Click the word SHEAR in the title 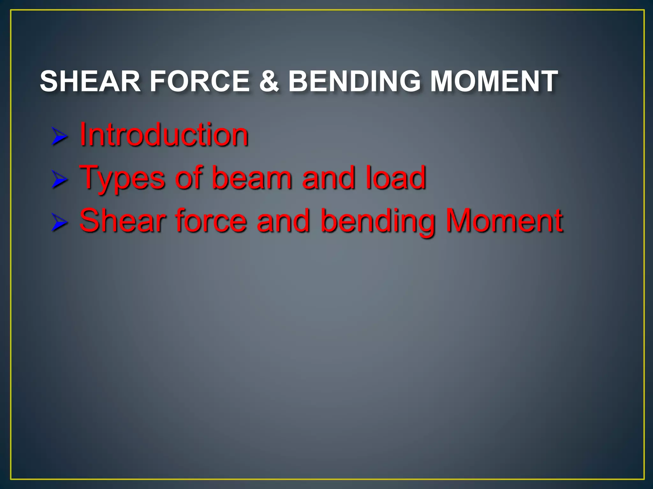click(x=90, y=81)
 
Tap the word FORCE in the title click(x=200, y=81)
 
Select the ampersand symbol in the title click(x=269, y=81)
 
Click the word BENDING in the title click(x=354, y=81)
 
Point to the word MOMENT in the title click(x=494, y=81)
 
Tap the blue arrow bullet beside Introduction click(x=59, y=137)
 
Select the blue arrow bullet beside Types click(x=59, y=179)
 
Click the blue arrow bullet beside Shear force click(x=59, y=223)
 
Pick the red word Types click(x=122, y=178)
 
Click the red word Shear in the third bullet click(x=123, y=220)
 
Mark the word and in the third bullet click(x=283, y=220)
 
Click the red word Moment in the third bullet click(x=504, y=220)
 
